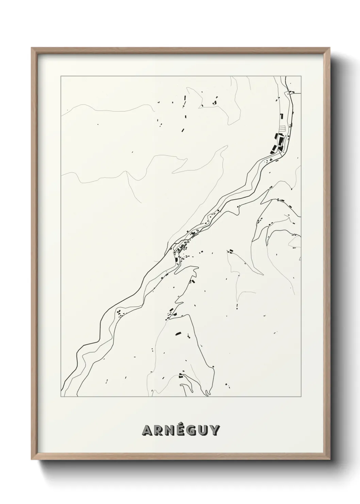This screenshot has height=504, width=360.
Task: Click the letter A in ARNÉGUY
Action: pyautogui.click(x=148, y=430)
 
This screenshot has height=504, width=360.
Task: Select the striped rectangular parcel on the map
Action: pyautogui.click(x=282, y=128)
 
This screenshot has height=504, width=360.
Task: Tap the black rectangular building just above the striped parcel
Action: pyautogui.click(x=281, y=116)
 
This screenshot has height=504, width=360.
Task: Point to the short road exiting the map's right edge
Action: pyautogui.click(x=297, y=93)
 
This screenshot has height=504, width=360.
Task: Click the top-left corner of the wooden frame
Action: pyautogui.click(x=32, y=48)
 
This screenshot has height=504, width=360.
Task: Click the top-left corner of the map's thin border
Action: pyautogui.click(x=61, y=76)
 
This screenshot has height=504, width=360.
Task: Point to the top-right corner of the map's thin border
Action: pyautogui.click(x=301, y=76)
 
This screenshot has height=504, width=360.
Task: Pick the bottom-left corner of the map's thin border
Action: pyautogui.click(x=61, y=397)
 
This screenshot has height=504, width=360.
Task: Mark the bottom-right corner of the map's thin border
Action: pyautogui.click(x=301, y=397)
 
